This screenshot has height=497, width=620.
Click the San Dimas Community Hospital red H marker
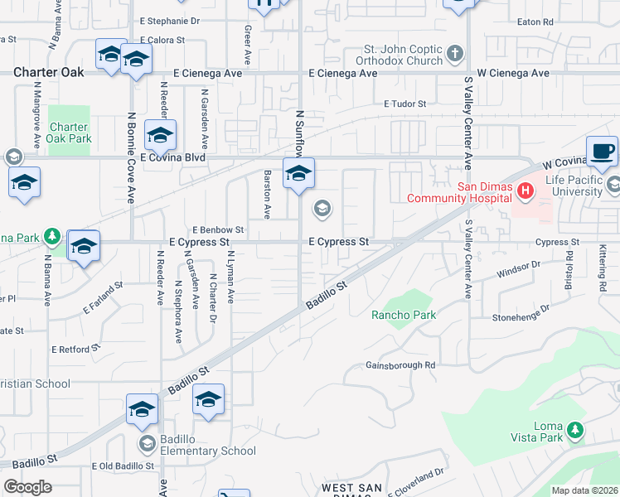(x=524, y=192)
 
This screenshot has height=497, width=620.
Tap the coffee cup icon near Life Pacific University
(x=602, y=152)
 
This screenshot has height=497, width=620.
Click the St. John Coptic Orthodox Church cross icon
(x=454, y=55)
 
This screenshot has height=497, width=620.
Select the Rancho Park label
(x=404, y=315)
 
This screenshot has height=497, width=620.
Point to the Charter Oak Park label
(x=69, y=133)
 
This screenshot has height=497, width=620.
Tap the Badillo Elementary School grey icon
(x=147, y=443)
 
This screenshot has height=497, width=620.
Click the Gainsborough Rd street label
(x=400, y=365)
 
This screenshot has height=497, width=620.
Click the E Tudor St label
(x=404, y=104)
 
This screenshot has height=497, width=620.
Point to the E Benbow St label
(x=218, y=229)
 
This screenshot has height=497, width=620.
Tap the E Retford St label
(x=74, y=350)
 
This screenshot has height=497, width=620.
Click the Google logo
(x=27, y=487)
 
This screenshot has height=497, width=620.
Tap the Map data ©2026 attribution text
(x=584, y=490)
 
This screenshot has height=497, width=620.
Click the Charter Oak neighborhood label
(x=49, y=73)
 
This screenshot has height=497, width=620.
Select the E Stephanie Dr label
(x=171, y=21)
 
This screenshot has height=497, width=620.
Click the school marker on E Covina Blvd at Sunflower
(x=298, y=173)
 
